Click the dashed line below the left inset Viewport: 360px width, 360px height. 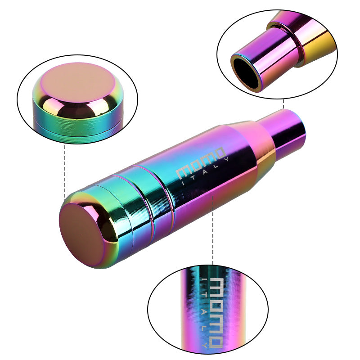pos(65,171)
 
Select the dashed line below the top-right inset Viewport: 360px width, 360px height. pos(283,104)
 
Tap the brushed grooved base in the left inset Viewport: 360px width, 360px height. pos(76,128)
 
